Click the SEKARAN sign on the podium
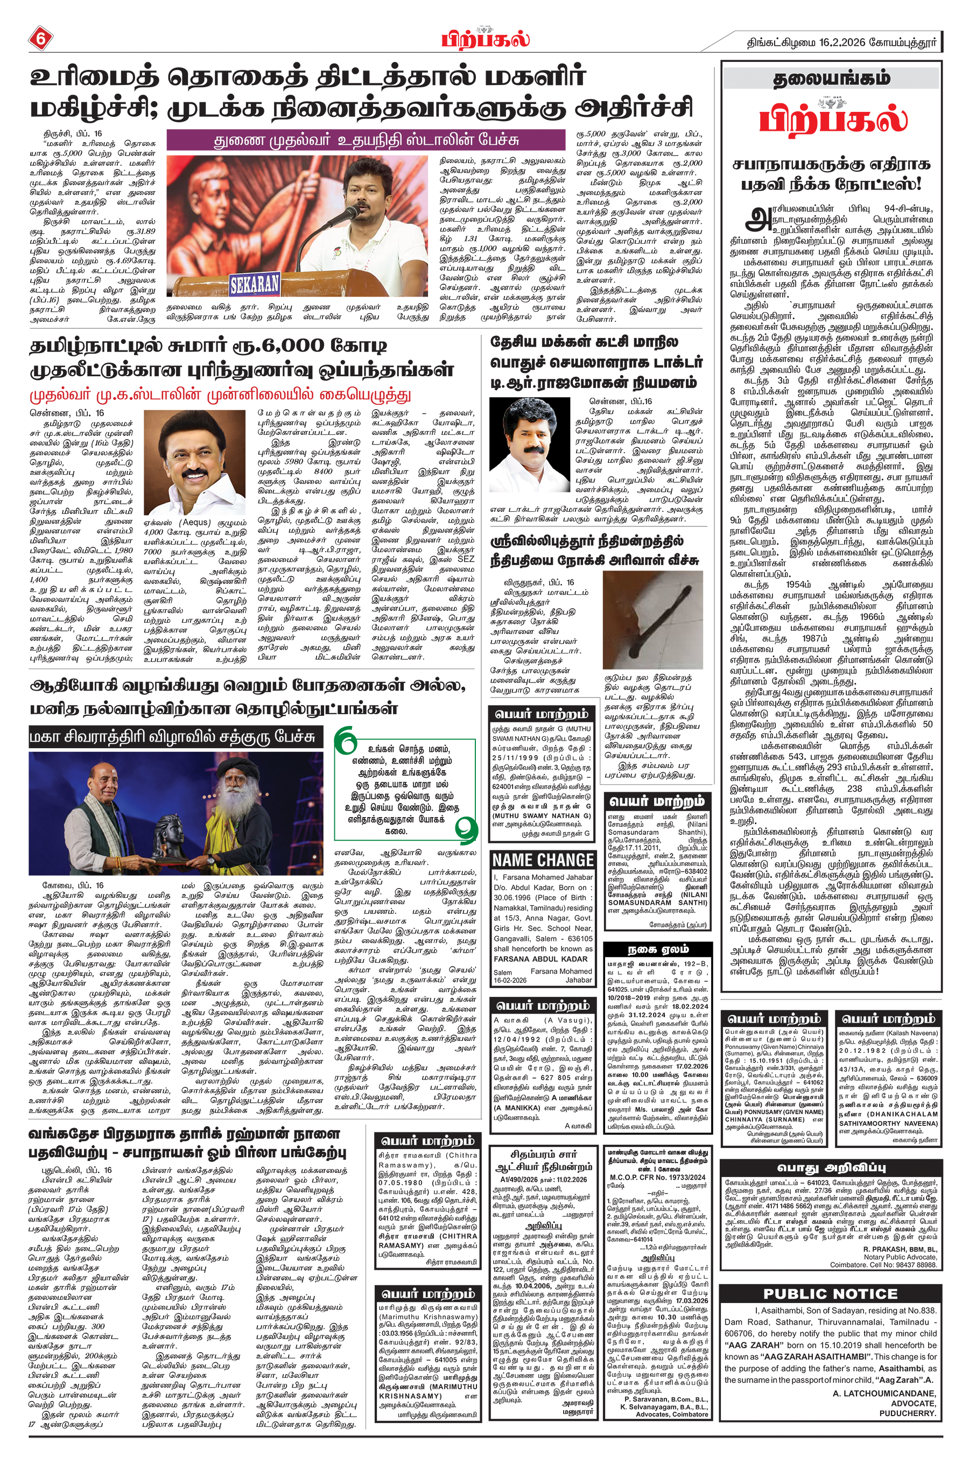click(255, 284)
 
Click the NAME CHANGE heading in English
click(543, 860)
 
